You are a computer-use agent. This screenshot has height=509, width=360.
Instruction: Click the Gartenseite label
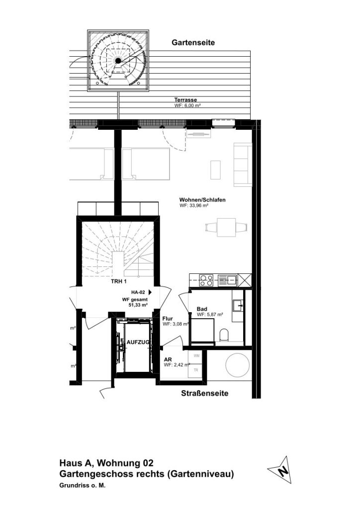click(x=193, y=43)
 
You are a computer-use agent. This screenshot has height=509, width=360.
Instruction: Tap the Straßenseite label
click(x=204, y=394)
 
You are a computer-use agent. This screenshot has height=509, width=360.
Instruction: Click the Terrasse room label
click(x=185, y=100)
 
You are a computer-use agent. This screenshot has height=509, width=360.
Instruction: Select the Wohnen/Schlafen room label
click(x=202, y=200)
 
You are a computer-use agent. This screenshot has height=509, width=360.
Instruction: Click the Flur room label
click(x=168, y=319)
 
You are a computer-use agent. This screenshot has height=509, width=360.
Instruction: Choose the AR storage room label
click(x=168, y=360)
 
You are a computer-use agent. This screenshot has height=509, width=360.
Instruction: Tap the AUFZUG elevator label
click(x=138, y=342)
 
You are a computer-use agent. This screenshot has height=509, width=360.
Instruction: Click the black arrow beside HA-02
click(x=150, y=292)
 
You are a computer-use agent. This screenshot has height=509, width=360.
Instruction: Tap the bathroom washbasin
click(x=239, y=305)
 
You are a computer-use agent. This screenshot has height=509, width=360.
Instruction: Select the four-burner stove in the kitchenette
click(x=206, y=280)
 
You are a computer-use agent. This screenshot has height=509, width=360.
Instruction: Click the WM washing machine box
click(x=196, y=356)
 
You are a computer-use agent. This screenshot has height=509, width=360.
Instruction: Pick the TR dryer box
click(x=196, y=370)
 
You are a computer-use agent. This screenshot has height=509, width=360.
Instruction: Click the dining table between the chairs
click(x=227, y=228)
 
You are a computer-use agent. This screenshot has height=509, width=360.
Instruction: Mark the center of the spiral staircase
click(x=118, y=61)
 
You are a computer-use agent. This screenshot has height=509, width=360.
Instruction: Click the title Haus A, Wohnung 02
click(x=106, y=463)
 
